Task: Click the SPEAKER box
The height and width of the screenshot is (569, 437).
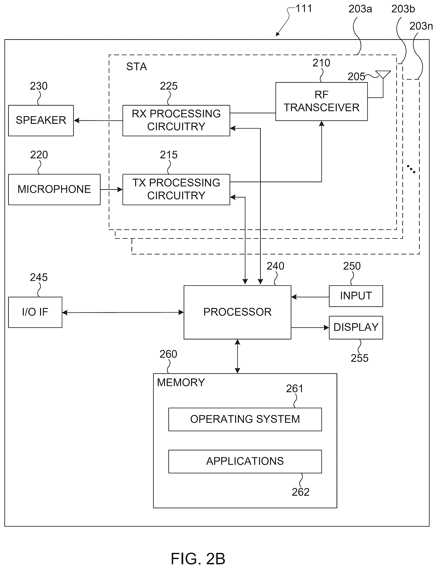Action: pyautogui.click(x=41, y=121)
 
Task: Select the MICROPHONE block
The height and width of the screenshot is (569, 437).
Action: pyautogui.click(x=54, y=189)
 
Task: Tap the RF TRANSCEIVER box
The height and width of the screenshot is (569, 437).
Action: pyautogui.click(x=321, y=101)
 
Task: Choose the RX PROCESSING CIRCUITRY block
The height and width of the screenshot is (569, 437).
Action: pyautogui.click(x=176, y=121)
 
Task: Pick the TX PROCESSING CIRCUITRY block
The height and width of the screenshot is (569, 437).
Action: pyautogui.click(x=176, y=189)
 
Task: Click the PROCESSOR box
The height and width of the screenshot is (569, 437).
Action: pyautogui.click(x=237, y=312)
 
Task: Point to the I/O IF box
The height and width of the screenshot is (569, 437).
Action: pyautogui.click(x=35, y=312)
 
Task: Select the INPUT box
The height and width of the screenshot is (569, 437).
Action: pyautogui.click(x=356, y=296)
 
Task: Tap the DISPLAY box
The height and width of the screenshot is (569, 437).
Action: pyautogui.click(x=356, y=328)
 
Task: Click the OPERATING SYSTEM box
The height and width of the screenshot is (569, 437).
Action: pyautogui.click(x=245, y=419)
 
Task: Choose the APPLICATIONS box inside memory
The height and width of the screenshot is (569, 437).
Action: pyautogui.click(x=245, y=461)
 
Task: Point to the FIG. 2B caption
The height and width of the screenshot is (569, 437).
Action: pyautogui.click(x=198, y=559)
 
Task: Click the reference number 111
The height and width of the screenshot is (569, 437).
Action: pyautogui.click(x=303, y=9)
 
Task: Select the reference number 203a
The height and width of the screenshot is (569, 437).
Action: pyautogui.click(x=360, y=9)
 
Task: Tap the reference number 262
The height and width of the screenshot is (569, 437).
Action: pyautogui.click(x=300, y=492)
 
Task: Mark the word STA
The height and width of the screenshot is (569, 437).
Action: pyautogui.click(x=137, y=67)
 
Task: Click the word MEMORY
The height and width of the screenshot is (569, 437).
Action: pyautogui.click(x=181, y=383)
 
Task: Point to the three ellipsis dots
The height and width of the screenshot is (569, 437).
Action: pyautogui.click(x=411, y=169)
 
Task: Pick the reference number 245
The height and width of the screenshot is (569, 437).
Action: pyautogui.click(x=39, y=277)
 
